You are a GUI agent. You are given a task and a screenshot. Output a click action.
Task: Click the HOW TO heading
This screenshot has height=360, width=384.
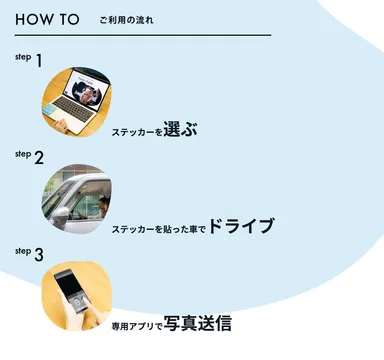click(48, 20)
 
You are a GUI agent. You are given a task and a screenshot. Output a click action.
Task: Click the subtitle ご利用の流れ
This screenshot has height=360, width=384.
click(127, 21)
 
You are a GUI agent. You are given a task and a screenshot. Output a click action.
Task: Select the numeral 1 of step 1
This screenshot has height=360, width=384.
click(39, 61)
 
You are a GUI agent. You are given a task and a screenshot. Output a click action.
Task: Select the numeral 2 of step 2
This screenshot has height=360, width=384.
click(39, 157)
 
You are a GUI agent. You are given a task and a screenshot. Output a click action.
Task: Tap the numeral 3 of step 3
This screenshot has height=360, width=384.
click(39, 254)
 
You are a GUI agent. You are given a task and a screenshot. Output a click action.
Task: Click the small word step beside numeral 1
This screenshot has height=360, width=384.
click(23, 56)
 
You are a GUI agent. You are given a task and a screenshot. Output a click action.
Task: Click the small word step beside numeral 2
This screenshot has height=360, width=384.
click(23, 153)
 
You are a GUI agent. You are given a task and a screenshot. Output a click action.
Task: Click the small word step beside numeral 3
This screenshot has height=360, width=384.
click(23, 250)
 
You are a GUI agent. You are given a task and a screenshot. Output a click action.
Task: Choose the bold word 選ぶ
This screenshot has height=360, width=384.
click(183, 127)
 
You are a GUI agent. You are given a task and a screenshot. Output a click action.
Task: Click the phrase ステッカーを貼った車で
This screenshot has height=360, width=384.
click(159, 227)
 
